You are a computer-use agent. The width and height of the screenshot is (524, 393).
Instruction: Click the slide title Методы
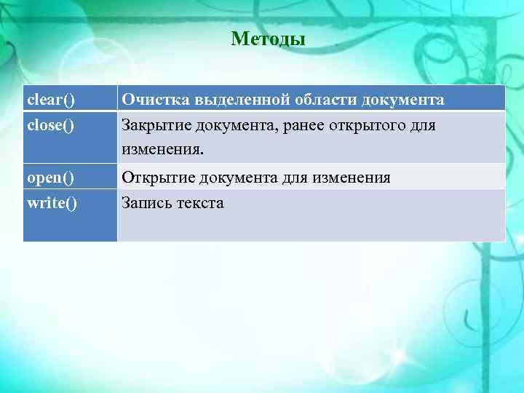(268, 39)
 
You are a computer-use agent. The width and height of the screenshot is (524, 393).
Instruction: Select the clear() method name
(52, 98)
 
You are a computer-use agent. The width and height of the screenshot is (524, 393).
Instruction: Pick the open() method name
(50, 177)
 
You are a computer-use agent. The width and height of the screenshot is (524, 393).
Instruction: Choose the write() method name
(52, 203)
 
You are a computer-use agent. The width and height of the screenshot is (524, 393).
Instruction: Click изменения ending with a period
(164, 150)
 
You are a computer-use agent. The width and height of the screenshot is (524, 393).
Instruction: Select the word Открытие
(155, 177)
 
